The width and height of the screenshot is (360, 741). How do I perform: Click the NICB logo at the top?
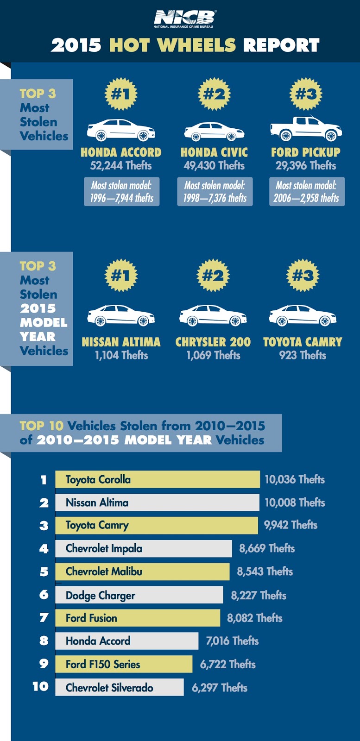(184, 19)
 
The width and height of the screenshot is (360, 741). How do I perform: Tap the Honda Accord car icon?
(121, 130)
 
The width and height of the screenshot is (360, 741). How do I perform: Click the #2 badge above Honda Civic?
(214, 94)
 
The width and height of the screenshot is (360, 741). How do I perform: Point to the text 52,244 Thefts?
(121, 165)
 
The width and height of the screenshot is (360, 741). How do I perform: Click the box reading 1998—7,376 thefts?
(215, 192)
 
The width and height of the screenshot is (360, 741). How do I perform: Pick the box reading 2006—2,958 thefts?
(306, 192)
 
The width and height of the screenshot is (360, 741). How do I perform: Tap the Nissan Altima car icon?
(121, 315)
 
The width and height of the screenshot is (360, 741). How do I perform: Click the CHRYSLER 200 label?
(213, 342)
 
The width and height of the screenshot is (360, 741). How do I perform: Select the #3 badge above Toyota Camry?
(303, 276)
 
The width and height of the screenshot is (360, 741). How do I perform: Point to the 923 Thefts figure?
(303, 355)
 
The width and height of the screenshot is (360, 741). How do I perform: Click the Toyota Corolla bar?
(158, 479)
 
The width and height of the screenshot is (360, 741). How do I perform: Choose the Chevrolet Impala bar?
(144, 548)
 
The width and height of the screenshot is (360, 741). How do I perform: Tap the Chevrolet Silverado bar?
(120, 687)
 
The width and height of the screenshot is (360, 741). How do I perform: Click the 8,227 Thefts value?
(259, 595)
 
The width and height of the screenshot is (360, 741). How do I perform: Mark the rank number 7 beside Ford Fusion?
(44, 618)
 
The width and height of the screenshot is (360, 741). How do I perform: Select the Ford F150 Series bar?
(124, 664)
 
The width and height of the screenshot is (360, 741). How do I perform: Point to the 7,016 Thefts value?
(232, 641)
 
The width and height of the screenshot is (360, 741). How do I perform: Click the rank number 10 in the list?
(41, 686)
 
